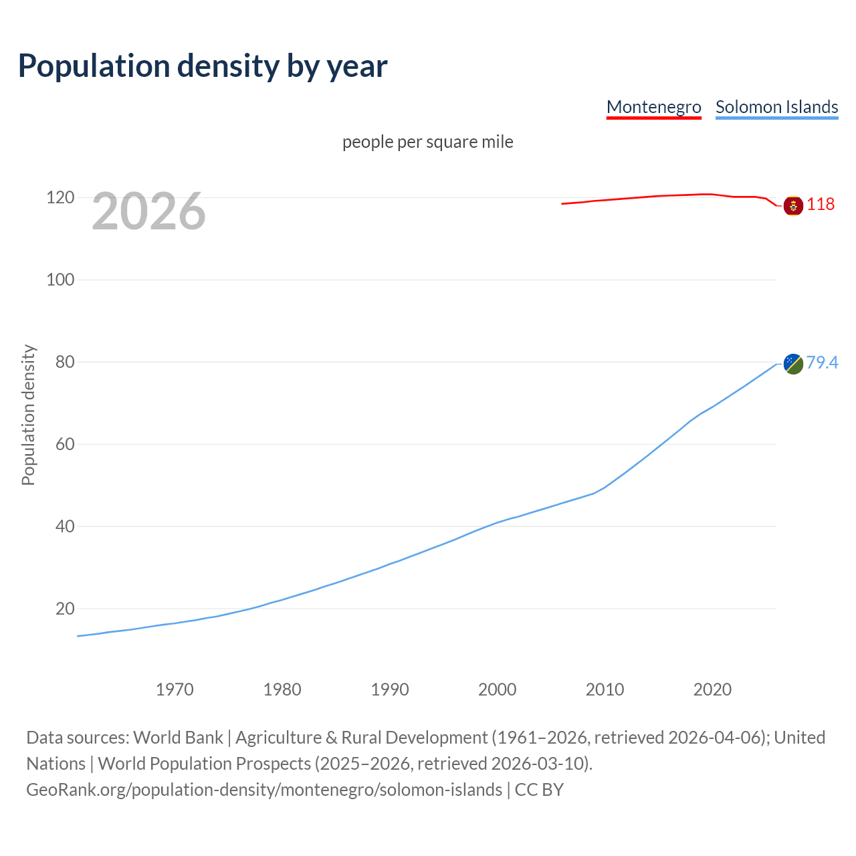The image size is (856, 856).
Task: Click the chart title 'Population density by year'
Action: [203, 66]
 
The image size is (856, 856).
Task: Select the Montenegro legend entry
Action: [653, 107]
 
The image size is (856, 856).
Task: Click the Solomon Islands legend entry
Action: [776, 107]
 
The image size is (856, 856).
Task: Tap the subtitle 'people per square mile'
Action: [427, 142]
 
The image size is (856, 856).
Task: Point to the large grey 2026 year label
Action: [148, 211]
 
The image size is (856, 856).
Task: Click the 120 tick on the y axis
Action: [60, 197]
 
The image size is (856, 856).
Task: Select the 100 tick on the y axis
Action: [60, 280]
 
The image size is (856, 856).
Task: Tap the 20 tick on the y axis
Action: [64, 609]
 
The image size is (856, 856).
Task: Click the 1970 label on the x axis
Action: [175, 689]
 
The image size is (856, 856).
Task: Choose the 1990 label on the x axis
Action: [390, 689]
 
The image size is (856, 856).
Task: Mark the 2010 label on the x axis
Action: [605, 689]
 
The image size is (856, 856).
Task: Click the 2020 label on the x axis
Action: [712, 689]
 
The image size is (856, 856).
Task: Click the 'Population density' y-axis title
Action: [28, 415]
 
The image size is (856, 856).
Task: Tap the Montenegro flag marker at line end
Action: [793, 205]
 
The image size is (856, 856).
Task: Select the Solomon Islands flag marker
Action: [793, 364]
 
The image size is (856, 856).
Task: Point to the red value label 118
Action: [821, 204]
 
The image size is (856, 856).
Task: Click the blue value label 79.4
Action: [822, 362]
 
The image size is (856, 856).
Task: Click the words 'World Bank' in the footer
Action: [178, 738]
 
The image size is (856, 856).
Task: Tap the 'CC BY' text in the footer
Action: [539, 790]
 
